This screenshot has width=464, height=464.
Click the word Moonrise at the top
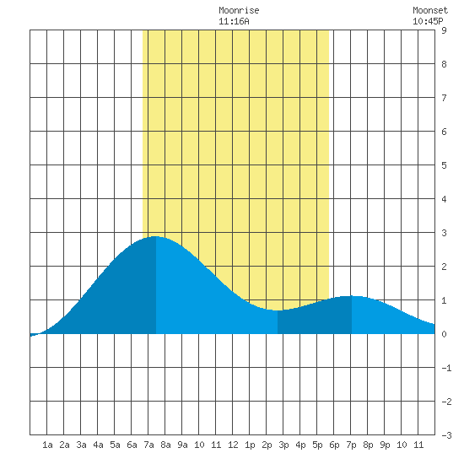click(x=239, y=10)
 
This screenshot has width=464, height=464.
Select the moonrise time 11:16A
click(x=234, y=21)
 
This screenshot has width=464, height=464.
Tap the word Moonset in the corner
click(x=430, y=10)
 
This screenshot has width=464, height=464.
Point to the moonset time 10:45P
click(x=428, y=21)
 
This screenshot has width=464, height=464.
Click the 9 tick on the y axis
click(x=444, y=30)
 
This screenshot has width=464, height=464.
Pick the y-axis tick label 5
click(x=444, y=165)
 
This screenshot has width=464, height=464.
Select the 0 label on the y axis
click(x=444, y=334)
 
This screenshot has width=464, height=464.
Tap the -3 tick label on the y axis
click(x=446, y=435)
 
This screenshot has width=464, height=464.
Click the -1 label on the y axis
click(x=446, y=368)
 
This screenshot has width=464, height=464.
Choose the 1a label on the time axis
click(x=47, y=445)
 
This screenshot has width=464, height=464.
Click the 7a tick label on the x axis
click(x=148, y=445)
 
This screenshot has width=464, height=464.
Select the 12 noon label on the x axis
click(x=233, y=445)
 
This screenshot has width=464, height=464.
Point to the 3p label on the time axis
click(x=283, y=445)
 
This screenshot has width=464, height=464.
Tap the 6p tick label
click(x=334, y=445)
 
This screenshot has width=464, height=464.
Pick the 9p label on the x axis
click(x=385, y=445)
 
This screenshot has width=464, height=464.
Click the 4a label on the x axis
click(x=98, y=445)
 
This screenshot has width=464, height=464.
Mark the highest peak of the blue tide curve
click(x=155, y=236)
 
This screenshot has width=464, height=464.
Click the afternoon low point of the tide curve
click(x=277, y=310)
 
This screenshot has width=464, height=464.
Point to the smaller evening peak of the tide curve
click(x=351, y=296)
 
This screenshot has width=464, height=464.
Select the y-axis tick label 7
click(x=444, y=98)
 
